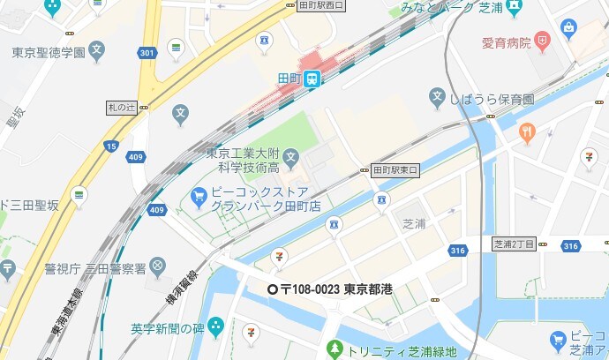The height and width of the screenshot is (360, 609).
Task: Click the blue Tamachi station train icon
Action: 313,79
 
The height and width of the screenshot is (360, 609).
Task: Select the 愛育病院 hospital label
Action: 506,41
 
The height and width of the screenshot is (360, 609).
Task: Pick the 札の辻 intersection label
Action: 123,108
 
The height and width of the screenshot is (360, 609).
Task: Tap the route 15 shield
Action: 110,146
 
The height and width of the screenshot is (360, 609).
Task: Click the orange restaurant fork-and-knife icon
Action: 527,133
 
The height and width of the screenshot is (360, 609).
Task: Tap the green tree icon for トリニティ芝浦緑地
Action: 333,349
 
